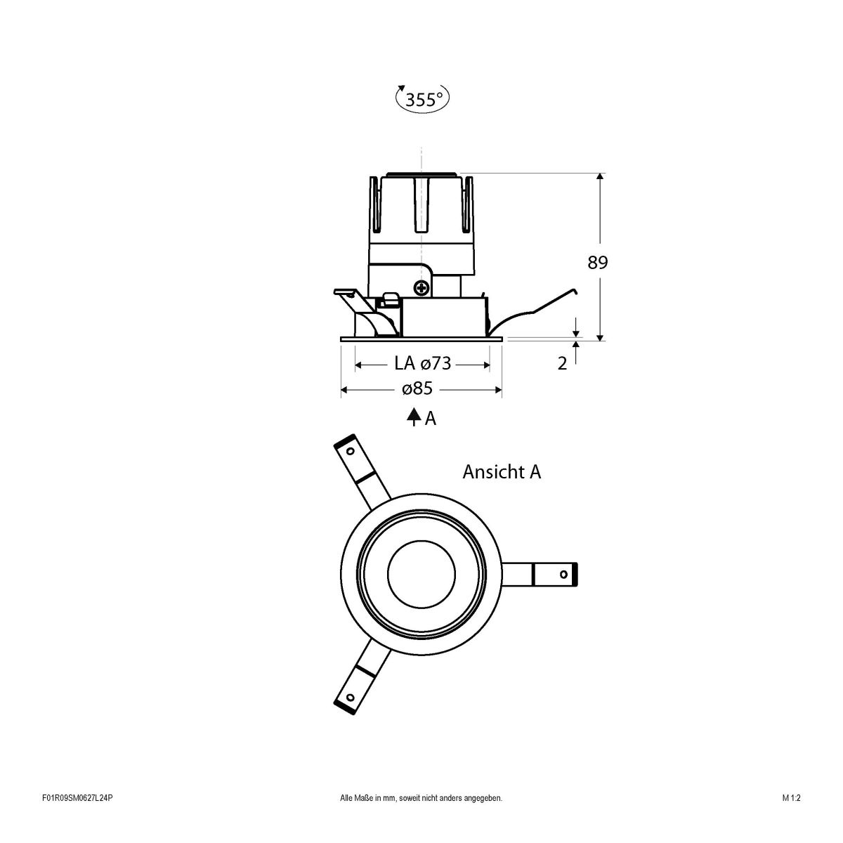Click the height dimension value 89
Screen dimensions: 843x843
pyautogui.click(x=597, y=263)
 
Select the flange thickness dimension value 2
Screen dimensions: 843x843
pyautogui.click(x=562, y=364)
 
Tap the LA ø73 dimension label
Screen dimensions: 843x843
pyautogui.click(x=422, y=363)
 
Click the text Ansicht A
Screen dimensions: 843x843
pyautogui.click(x=502, y=472)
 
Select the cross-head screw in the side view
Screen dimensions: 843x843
pyautogui.click(x=421, y=287)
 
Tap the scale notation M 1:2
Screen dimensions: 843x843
pyautogui.click(x=791, y=818)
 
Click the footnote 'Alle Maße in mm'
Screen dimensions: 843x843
pyautogui.click(x=421, y=818)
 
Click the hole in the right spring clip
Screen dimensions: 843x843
pyautogui.click(x=563, y=575)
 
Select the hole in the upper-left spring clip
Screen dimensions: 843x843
pyautogui.click(x=349, y=450)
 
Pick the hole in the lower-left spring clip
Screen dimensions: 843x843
pyautogui.click(x=349, y=698)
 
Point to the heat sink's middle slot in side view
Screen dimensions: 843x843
pyautogui.click(x=421, y=204)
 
